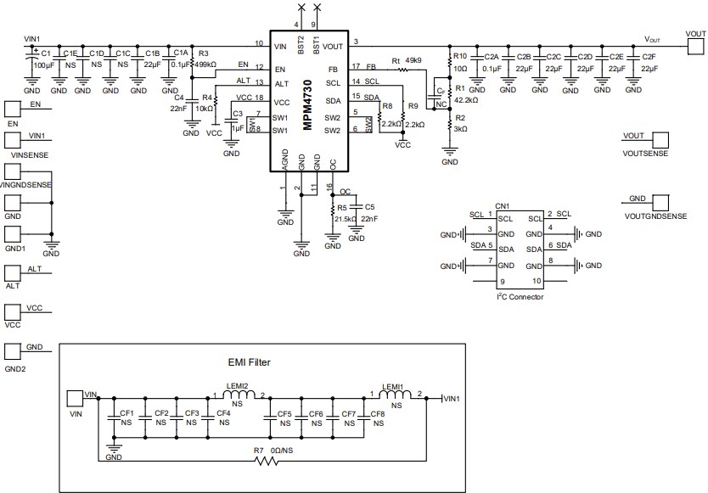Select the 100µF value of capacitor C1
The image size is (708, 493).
click(44, 64)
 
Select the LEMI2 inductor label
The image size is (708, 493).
click(236, 387)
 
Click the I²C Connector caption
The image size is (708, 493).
click(519, 297)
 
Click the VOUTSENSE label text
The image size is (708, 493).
click(646, 154)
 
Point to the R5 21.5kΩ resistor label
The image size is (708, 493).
click(344, 213)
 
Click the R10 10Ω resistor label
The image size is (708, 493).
click(461, 61)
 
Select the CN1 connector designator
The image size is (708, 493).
click(502, 205)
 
